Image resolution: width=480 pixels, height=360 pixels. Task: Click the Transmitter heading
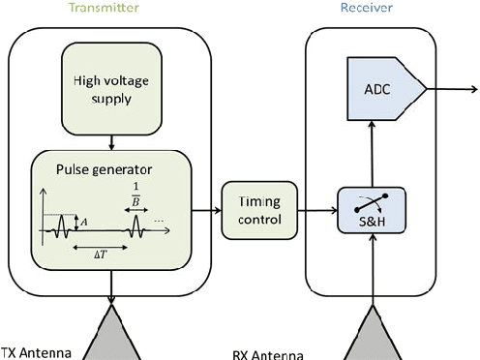[x=113, y=8]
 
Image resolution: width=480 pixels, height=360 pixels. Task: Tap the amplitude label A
[x=84, y=223]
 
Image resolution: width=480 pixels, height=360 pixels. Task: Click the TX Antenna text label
[x=36, y=351]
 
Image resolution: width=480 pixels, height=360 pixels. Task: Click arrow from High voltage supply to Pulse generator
[x=113, y=140]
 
